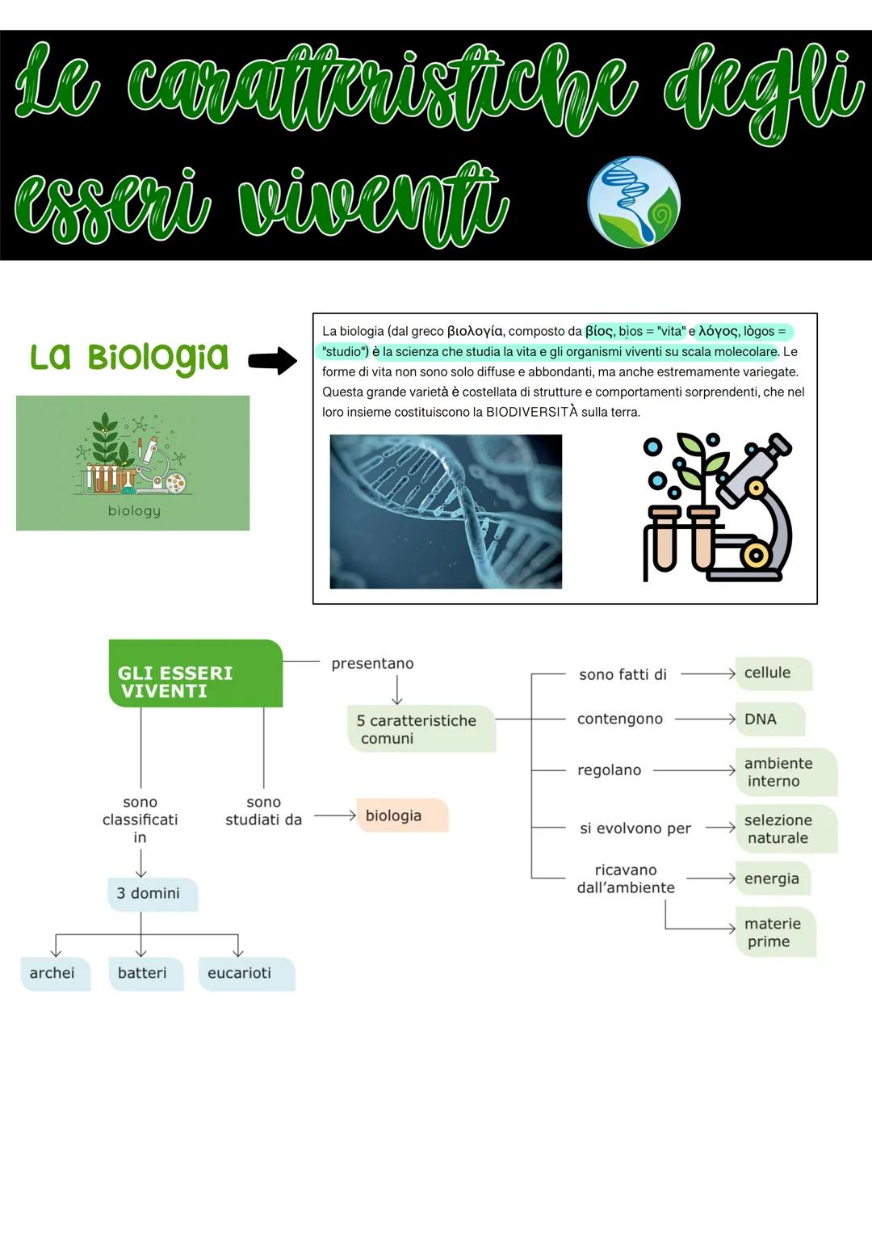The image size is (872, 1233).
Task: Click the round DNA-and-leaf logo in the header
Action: (634, 202)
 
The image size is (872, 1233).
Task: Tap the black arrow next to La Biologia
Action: (273, 360)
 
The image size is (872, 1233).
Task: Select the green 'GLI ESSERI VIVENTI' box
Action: (195, 673)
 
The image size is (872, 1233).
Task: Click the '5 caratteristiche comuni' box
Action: (421, 729)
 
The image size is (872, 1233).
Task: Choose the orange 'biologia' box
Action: (401, 816)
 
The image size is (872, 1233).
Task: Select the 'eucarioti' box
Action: (245, 973)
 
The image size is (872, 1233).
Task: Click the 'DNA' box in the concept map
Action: (769, 719)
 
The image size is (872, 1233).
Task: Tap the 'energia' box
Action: (773, 879)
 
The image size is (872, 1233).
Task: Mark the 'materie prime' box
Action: (775, 933)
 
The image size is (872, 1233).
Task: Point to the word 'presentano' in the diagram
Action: (372, 664)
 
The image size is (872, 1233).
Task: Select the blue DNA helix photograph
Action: (446, 511)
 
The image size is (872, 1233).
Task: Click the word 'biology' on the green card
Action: (134, 510)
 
